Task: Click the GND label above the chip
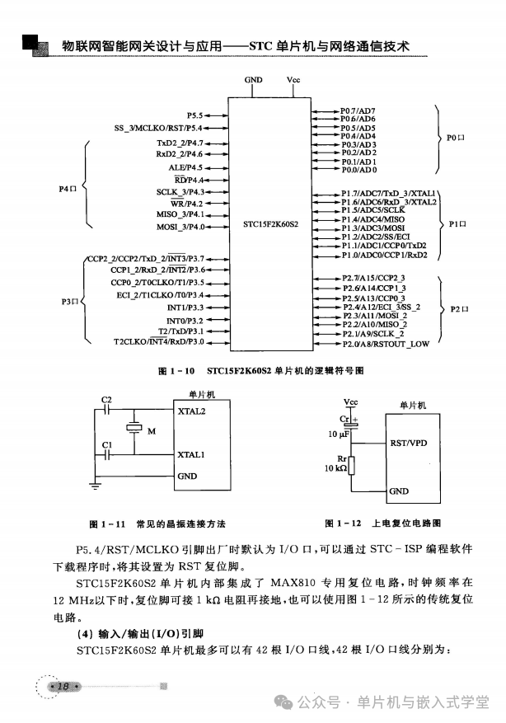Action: [x=254, y=80]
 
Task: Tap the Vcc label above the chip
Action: [x=293, y=80]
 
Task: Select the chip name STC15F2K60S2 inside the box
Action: [x=271, y=223]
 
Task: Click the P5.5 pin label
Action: [x=194, y=115]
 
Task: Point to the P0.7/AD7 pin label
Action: [x=358, y=110]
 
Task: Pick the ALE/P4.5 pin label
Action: [x=185, y=167]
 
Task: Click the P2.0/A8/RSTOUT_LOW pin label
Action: [x=385, y=344]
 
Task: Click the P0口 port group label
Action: [x=457, y=138]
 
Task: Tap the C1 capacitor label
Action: [x=105, y=445]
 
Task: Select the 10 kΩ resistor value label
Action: [x=336, y=467]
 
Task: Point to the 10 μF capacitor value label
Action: [x=339, y=433]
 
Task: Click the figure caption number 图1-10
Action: [x=176, y=372]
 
